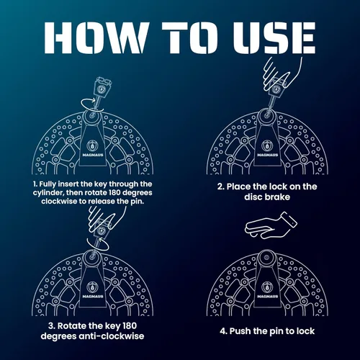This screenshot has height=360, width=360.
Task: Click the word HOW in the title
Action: tap(95, 37)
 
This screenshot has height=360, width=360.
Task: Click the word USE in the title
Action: tap(274, 37)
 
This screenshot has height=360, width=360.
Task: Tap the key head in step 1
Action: tap(103, 87)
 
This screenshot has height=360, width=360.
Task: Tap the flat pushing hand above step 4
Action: tap(271, 226)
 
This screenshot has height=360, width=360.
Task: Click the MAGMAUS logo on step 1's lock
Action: tap(93, 149)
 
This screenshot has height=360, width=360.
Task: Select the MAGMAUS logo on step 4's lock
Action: tap(268, 290)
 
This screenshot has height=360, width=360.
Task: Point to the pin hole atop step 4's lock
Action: tap(266, 258)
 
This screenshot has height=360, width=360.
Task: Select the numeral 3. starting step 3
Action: tap(52, 326)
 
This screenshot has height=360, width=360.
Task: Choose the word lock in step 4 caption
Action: tap(305, 331)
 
